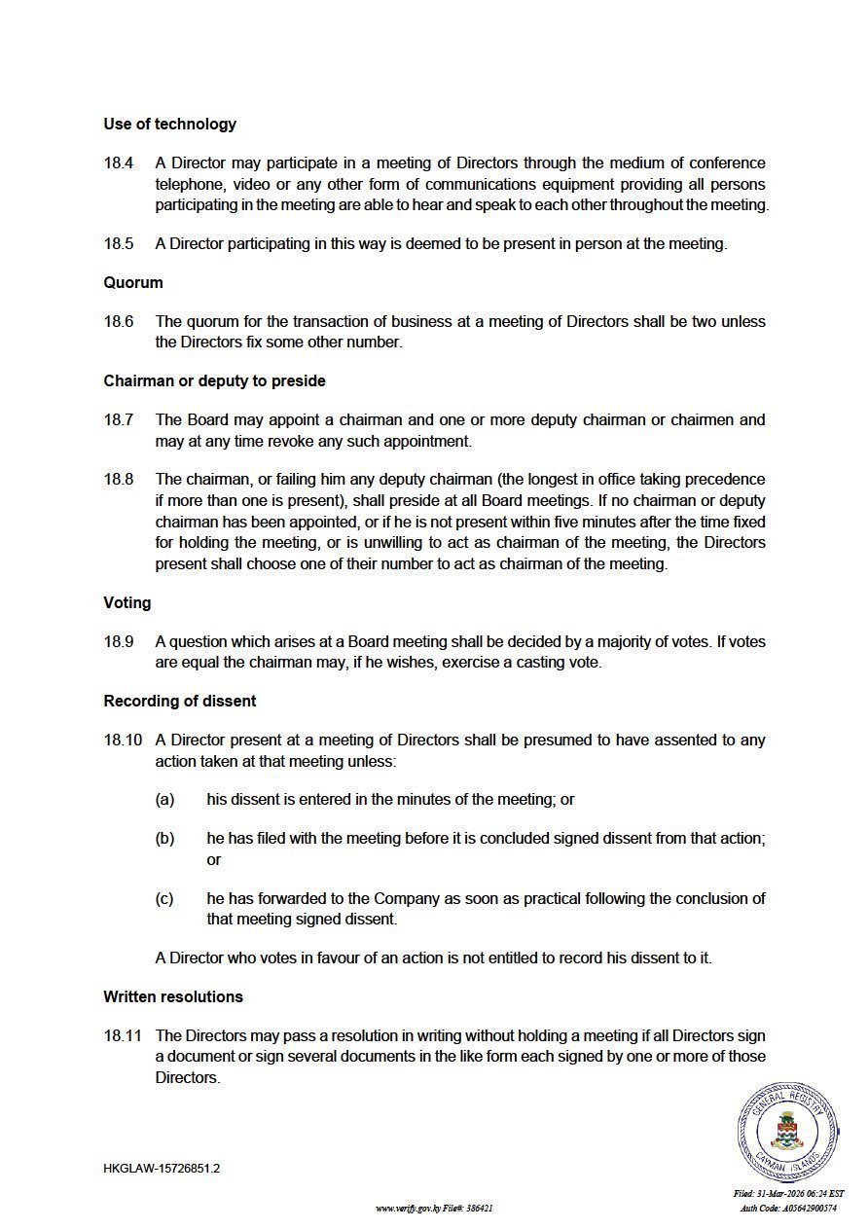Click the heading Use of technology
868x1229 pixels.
coord(169,124)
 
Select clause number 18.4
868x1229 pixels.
coord(119,163)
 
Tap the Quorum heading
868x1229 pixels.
coord(133,282)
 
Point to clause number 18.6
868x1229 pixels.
coord(119,321)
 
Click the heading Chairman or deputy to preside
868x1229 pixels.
coord(214,380)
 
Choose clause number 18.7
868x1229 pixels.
coord(119,419)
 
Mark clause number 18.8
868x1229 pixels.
coord(119,479)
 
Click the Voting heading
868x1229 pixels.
coord(127,602)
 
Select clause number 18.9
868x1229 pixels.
coord(119,641)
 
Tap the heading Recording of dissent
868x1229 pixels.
coord(180,701)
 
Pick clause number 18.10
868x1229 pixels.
coord(123,740)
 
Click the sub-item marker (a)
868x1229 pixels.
coord(164,799)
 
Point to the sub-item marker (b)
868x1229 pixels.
coord(164,838)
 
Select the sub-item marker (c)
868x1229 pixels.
coord(164,898)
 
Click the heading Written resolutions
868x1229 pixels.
coord(173,996)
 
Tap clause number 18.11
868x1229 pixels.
coord(123,1035)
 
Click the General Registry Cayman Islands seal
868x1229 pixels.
coord(787,1132)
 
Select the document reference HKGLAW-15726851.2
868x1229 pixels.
coord(162,1168)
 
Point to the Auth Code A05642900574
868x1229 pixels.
coord(788,1208)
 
